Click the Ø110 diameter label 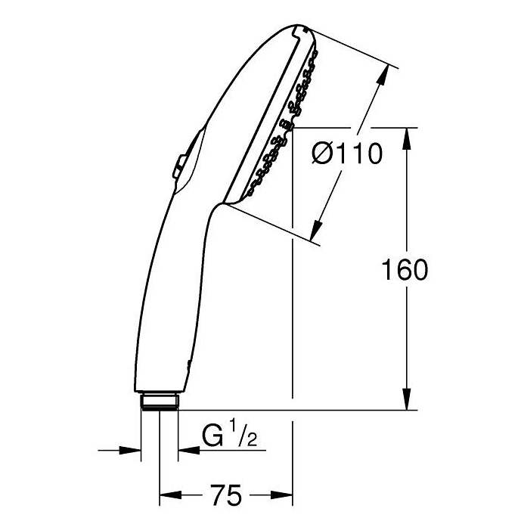tap(347, 154)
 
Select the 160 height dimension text tap(405, 270)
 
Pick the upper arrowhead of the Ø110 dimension tap(382, 76)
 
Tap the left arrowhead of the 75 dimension tap(171, 495)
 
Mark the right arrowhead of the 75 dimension tap(282, 495)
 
